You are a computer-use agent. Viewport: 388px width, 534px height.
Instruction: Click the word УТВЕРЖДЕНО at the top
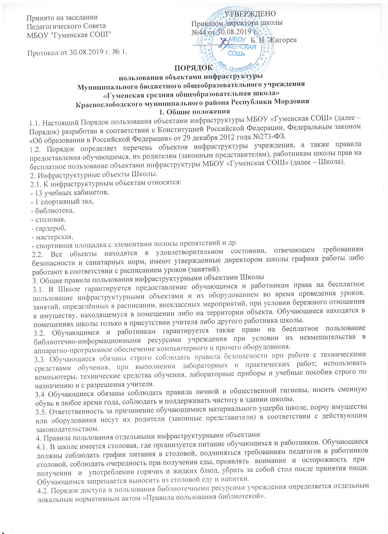pyautogui.click(x=250, y=14)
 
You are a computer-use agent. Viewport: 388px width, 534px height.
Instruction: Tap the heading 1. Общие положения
pyautogui.click(x=194, y=111)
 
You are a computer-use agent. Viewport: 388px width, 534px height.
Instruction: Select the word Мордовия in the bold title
pyautogui.click(x=292, y=101)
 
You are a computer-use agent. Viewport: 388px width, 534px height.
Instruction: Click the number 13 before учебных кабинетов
pyautogui.click(x=39, y=193)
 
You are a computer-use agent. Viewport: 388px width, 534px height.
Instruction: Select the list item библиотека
pyautogui.click(x=54, y=210)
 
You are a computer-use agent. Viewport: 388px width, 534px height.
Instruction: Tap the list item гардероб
pyautogui.click(x=50, y=228)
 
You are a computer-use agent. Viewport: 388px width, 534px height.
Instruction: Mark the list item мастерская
pyautogui.click(x=54, y=237)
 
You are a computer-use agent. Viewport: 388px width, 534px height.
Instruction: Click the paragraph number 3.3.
pyautogui.click(x=40, y=360)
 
